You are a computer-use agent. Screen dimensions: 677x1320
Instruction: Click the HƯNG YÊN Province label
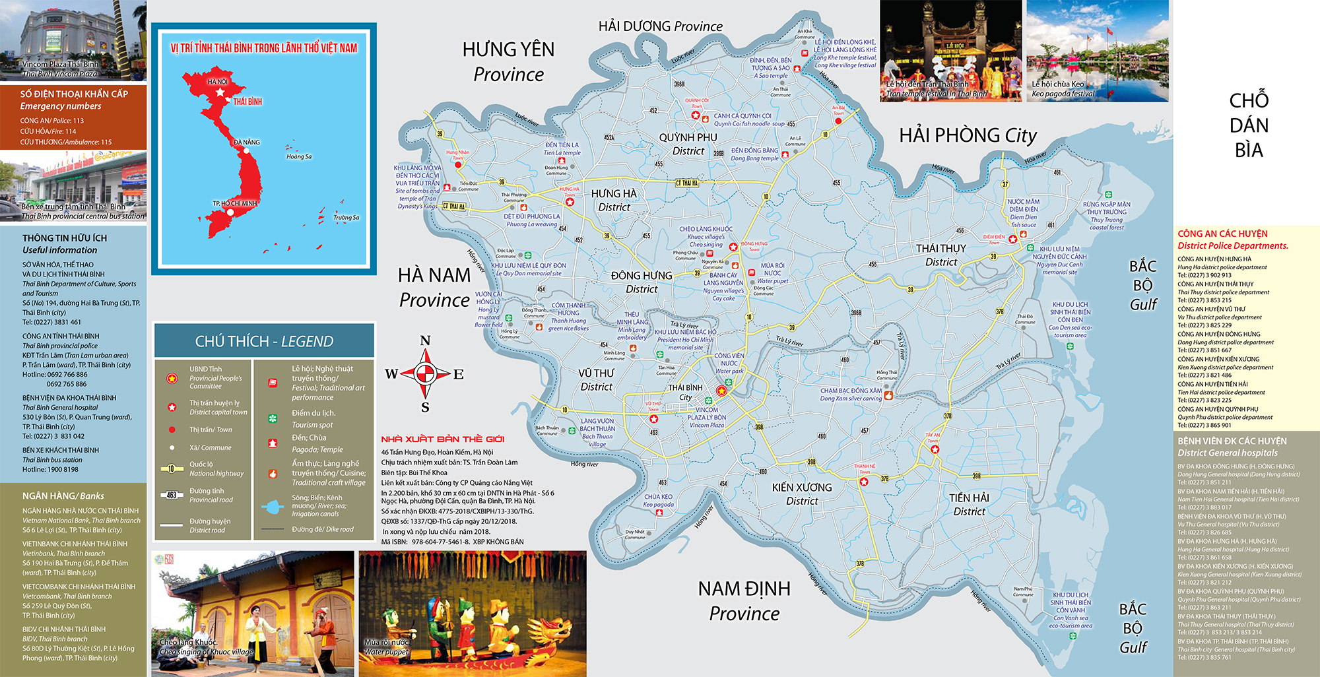(x=508, y=61)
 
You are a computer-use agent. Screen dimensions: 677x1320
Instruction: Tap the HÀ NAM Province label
(x=434, y=287)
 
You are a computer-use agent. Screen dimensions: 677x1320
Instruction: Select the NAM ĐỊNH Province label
(x=744, y=600)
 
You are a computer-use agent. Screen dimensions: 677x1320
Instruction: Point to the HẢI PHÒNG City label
(x=968, y=135)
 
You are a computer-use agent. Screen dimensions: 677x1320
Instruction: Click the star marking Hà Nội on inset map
(x=220, y=93)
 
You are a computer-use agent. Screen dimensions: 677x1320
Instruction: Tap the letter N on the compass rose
(x=425, y=340)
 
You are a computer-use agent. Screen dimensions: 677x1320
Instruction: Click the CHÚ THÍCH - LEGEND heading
(x=264, y=341)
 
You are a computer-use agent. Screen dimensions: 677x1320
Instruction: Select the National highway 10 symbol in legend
(x=172, y=468)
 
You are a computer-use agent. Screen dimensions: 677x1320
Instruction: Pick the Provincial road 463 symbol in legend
(x=172, y=495)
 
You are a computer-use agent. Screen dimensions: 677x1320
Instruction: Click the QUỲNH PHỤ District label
(x=688, y=144)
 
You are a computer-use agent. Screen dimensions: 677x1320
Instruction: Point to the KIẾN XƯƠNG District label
(x=802, y=494)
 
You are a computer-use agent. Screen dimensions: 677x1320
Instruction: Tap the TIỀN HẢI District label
(x=969, y=504)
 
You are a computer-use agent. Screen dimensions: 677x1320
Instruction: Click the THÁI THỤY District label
(x=940, y=255)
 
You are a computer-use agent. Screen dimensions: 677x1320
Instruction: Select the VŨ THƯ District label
(x=597, y=379)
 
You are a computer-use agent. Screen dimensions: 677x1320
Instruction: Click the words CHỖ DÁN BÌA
(x=1249, y=125)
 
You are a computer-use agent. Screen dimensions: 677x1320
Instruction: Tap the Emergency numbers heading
(x=61, y=106)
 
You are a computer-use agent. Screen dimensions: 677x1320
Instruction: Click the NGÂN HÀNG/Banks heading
(x=63, y=496)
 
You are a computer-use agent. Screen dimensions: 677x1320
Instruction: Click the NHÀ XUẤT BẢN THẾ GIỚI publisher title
(x=442, y=439)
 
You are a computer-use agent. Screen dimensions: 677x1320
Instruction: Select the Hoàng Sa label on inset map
(x=299, y=156)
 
